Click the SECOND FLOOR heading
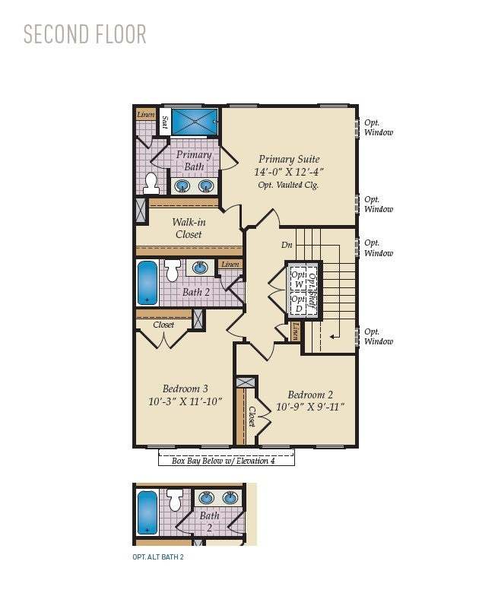tap(84, 35)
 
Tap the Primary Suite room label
tap(288, 159)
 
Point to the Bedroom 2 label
tap(310, 395)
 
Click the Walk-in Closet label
tap(188, 228)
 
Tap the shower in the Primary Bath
tap(194, 122)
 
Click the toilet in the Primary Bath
tap(151, 182)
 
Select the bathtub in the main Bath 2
tap(148, 283)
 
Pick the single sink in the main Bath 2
tap(200, 267)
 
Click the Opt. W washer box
tap(299, 279)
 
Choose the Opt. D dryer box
tap(299, 303)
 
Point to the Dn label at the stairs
tap(287, 245)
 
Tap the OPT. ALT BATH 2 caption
tap(158, 557)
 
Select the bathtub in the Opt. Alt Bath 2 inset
tap(147, 512)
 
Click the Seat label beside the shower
tap(163, 122)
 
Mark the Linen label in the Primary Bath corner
tap(145, 114)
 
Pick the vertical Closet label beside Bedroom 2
tap(252, 416)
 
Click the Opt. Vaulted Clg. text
tap(288, 185)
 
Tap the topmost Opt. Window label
tap(378, 128)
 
